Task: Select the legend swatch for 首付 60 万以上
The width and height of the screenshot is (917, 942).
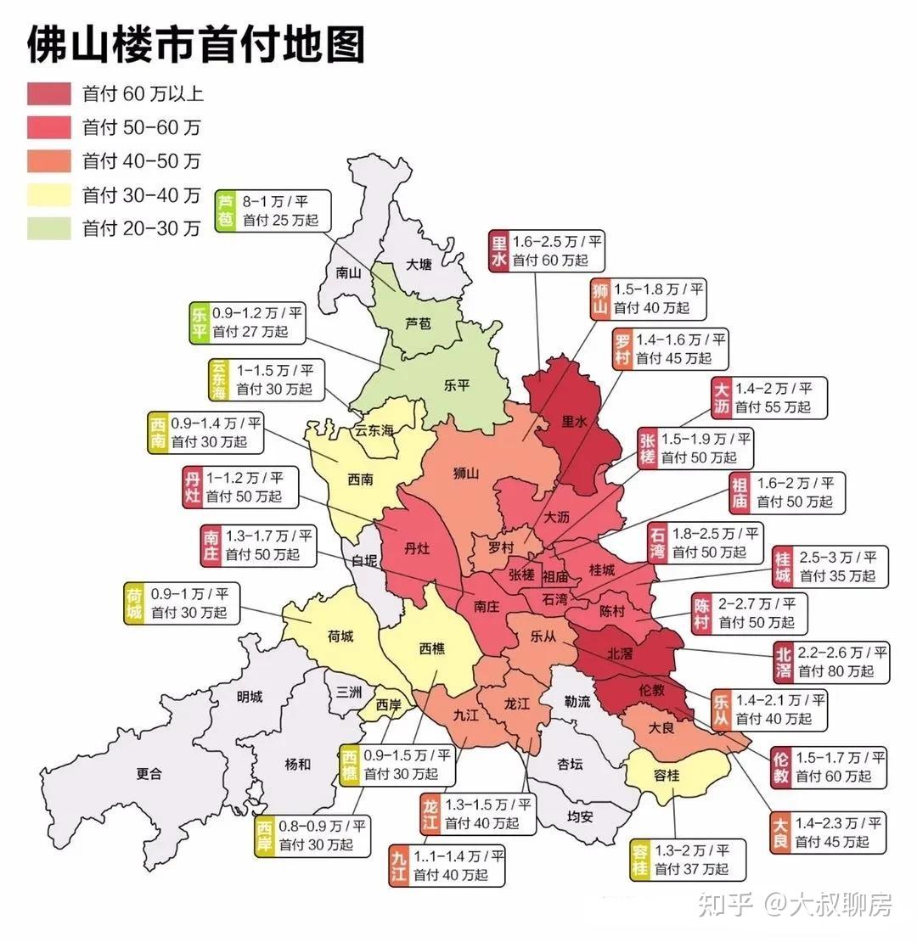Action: [x=48, y=93]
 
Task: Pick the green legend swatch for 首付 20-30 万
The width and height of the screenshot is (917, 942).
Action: [x=48, y=228]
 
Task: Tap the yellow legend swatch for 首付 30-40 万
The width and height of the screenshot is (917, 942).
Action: [x=48, y=195]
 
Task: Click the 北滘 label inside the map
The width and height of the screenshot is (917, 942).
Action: [x=619, y=653]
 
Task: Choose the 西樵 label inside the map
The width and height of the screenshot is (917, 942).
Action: [x=431, y=648]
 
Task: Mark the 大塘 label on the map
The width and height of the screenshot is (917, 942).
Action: [x=419, y=264]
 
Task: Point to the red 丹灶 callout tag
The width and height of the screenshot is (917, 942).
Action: [x=193, y=487]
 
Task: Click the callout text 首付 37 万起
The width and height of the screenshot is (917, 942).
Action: [x=691, y=869]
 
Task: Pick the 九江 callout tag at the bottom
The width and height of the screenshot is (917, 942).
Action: [x=399, y=866]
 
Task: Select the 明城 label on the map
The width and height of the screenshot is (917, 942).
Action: [x=250, y=698]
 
